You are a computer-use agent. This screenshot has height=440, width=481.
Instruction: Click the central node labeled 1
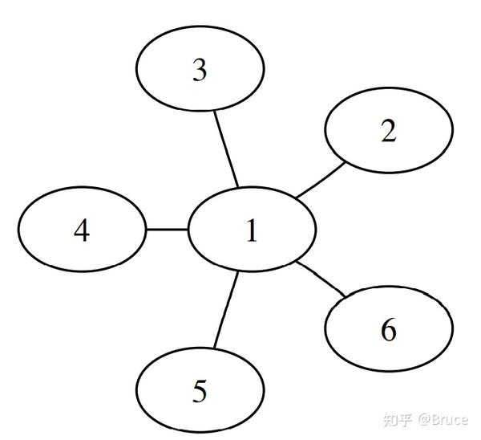click(x=250, y=230)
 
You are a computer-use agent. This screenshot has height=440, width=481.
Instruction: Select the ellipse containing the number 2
click(x=389, y=130)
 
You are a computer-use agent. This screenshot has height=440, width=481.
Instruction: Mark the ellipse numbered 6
click(x=389, y=330)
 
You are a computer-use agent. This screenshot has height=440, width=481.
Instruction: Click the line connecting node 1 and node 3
click(x=225, y=149)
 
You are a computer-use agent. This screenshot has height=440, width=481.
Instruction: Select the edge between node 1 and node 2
click(x=321, y=181)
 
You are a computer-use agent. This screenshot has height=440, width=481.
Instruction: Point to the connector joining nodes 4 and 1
click(x=166, y=230)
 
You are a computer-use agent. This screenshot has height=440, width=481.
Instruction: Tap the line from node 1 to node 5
click(x=226, y=312)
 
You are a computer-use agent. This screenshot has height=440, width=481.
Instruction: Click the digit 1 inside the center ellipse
click(x=252, y=231)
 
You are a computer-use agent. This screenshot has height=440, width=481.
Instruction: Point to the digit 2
click(x=389, y=131)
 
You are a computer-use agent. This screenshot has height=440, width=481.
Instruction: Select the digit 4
click(x=82, y=231)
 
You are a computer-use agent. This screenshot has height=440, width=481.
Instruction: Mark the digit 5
click(x=200, y=393)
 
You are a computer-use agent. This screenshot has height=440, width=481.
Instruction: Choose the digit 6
click(x=389, y=331)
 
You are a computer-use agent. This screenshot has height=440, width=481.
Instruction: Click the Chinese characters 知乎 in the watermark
click(x=398, y=420)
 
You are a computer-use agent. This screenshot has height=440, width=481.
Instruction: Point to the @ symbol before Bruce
click(x=423, y=420)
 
